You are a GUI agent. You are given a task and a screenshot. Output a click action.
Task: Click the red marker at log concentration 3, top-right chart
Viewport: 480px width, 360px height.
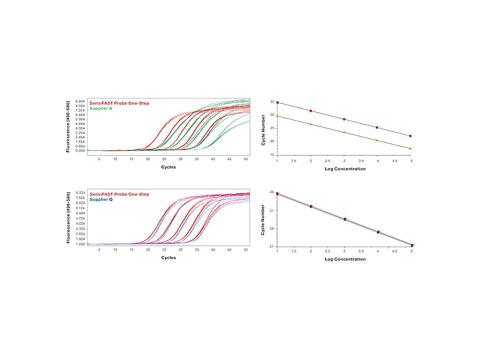coord(343,119)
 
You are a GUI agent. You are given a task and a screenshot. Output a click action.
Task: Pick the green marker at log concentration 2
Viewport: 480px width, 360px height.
coord(310,124)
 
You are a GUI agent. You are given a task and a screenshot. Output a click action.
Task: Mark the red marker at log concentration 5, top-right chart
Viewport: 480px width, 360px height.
coord(410,136)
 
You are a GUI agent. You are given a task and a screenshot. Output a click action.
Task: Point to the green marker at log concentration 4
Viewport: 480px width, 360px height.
coord(377,140)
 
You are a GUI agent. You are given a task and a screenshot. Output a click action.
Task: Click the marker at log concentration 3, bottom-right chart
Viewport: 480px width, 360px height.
coord(344,219)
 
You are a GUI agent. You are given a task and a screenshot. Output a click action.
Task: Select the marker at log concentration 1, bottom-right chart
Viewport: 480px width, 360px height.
coord(277,193)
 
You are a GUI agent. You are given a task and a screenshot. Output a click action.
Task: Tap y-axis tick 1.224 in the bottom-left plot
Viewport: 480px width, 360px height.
coord(79,244)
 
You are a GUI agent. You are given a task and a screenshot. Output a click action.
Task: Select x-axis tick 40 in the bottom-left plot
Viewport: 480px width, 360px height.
coord(213,249)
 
